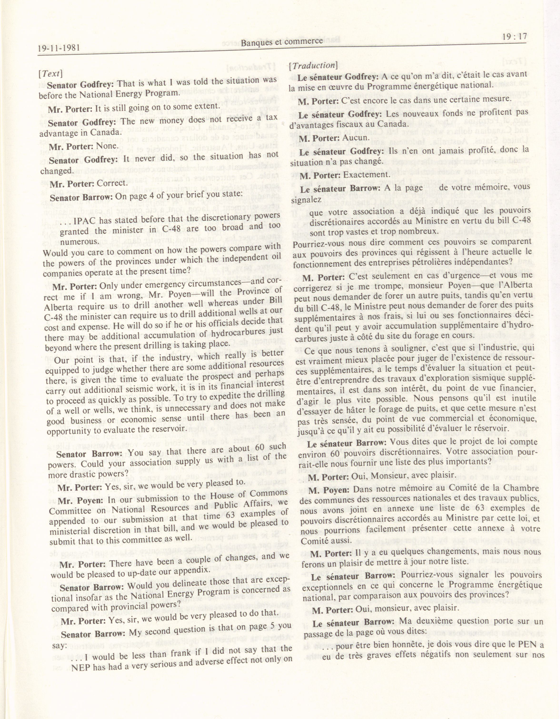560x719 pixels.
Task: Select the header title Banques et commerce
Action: pos(282,41)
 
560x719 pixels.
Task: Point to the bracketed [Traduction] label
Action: pos(313,66)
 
